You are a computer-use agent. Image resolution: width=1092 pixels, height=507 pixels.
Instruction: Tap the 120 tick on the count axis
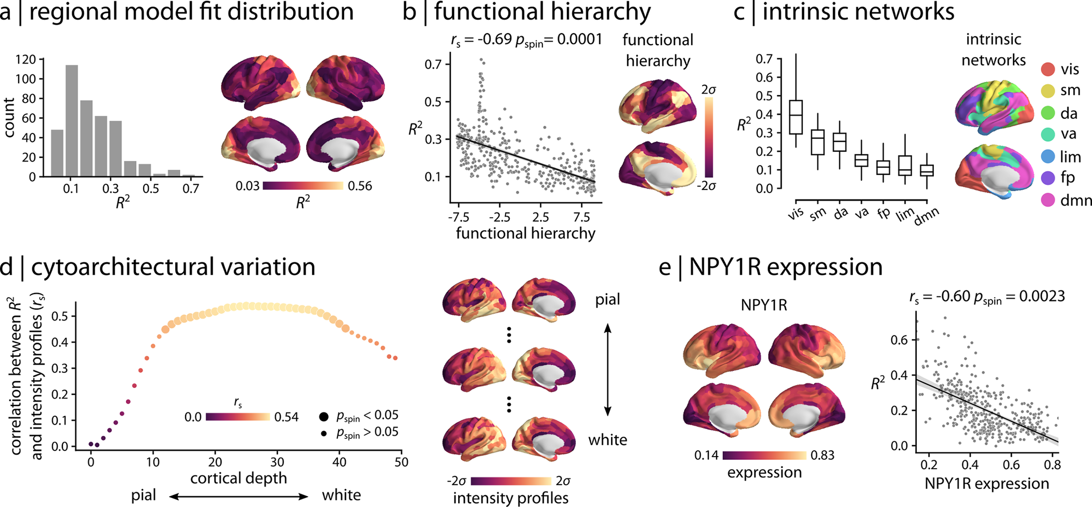25,59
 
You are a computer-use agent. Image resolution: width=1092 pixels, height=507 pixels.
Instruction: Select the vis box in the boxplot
796,117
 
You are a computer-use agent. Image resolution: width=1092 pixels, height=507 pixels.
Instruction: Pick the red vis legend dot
1048,69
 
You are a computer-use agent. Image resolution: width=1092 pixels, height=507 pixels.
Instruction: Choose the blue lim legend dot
1048,156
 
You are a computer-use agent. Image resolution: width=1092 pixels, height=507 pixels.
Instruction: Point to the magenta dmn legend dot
1048,200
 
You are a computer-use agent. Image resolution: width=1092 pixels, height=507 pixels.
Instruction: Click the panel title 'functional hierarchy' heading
542,11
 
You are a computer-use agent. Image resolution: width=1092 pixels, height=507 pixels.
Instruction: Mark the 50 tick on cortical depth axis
401,462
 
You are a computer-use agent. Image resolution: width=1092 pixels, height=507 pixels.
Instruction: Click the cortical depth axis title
239,478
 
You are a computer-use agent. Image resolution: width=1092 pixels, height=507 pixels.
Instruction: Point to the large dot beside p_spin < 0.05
323,417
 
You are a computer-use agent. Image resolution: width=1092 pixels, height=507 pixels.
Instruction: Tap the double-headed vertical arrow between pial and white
607,369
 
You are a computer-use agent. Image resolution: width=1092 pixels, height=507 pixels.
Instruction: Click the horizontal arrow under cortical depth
239,497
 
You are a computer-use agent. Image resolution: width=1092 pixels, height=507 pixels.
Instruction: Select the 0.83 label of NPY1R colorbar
822,456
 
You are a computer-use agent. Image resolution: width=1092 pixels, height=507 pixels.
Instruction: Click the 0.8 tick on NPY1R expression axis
1052,464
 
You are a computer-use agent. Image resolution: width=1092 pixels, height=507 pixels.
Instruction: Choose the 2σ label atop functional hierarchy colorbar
709,90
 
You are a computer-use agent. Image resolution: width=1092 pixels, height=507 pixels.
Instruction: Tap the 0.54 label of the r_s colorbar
286,417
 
